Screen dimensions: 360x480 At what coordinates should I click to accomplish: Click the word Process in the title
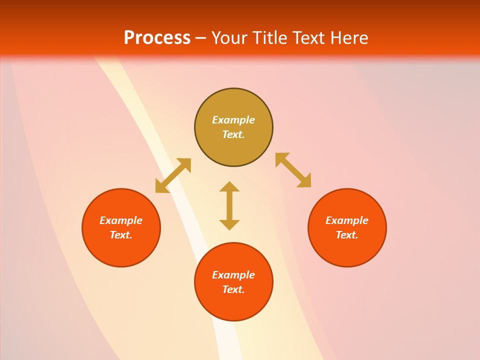[x=157, y=37]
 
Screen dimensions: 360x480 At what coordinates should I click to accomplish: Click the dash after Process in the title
[x=200, y=38]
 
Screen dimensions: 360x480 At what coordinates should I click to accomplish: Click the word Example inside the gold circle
[x=233, y=120]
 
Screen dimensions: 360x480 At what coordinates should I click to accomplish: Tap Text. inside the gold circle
[x=233, y=134]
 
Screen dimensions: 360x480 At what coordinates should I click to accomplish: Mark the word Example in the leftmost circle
[x=121, y=220]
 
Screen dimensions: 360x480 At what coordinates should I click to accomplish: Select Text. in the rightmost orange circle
[x=347, y=235]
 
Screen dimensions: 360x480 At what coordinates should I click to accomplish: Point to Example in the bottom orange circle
[x=233, y=275]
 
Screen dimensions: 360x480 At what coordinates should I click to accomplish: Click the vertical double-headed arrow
[x=229, y=205]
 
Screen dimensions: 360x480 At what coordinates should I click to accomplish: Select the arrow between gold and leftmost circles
[x=173, y=175]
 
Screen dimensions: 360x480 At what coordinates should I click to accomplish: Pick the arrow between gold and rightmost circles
[x=293, y=170]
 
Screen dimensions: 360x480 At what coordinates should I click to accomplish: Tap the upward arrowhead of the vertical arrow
[x=229, y=186]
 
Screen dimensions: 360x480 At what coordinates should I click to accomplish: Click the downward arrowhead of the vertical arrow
[x=229, y=224]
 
